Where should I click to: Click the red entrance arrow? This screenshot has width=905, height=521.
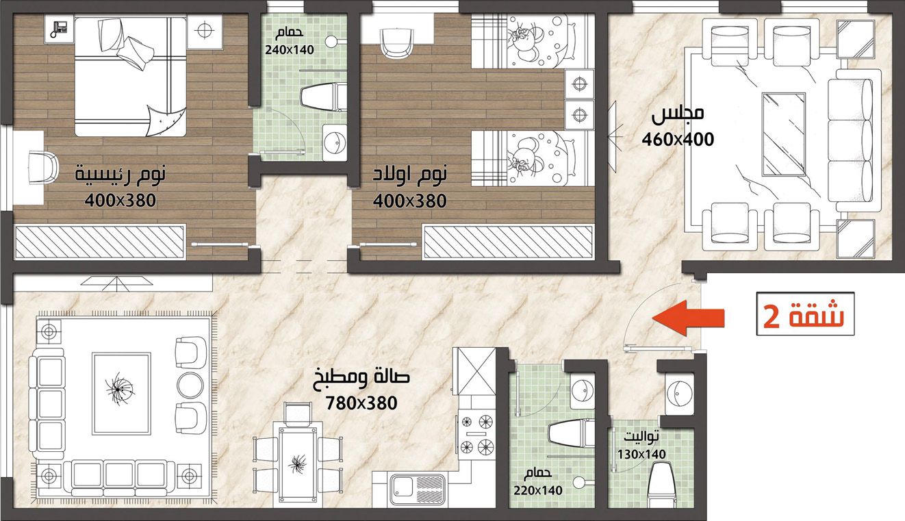[x=689, y=318]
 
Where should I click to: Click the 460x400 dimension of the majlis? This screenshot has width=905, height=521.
[x=678, y=140]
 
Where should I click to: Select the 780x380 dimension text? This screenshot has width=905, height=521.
[x=361, y=403]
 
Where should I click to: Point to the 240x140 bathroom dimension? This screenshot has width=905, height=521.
[x=290, y=50]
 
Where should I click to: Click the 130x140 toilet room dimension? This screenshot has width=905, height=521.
[x=641, y=455]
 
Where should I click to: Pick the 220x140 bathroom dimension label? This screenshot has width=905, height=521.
[x=538, y=490]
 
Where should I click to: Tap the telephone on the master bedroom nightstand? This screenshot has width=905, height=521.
[x=59, y=28]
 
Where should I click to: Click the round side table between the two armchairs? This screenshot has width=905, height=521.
[x=190, y=385]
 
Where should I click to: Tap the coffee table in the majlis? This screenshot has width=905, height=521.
[x=783, y=135]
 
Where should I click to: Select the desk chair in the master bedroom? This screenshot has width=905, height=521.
[x=44, y=167]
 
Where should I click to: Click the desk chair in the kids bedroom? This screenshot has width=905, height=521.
[x=398, y=44]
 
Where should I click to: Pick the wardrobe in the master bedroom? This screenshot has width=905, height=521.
[x=100, y=242]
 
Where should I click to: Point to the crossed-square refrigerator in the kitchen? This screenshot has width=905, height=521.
[x=476, y=370]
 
